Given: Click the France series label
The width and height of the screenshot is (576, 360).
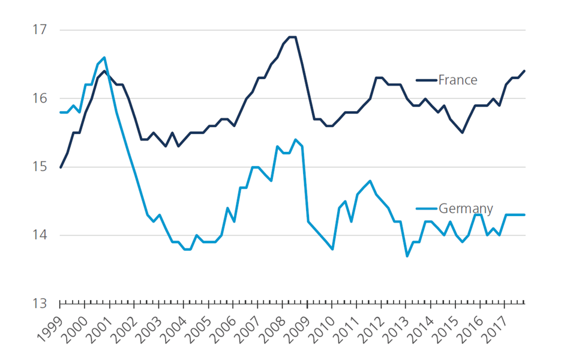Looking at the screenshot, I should click(457, 80).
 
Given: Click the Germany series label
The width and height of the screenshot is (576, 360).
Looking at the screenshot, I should click(466, 209).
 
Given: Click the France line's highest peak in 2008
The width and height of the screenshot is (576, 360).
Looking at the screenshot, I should click(293, 37).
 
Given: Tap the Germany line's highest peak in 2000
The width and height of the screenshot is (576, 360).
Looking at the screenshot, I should click(104, 58).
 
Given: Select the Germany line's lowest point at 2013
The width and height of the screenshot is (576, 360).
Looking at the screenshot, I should click(407, 256).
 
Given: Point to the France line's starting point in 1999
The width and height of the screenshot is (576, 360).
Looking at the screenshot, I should click(61, 167).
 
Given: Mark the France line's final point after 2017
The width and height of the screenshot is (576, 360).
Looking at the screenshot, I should click(524, 71).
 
